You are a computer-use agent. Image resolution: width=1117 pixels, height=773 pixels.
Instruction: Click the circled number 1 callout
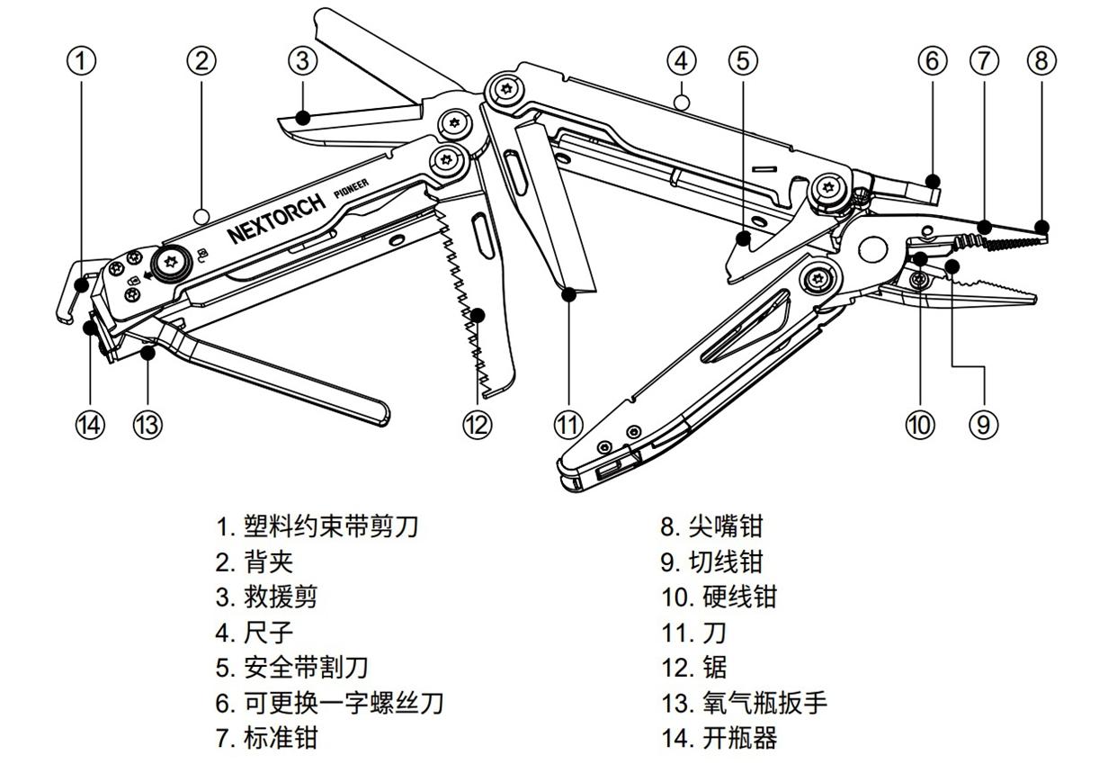[82, 61]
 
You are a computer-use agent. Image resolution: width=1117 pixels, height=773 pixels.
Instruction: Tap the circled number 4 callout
[682, 61]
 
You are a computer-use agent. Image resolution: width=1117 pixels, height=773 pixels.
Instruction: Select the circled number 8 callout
[1041, 61]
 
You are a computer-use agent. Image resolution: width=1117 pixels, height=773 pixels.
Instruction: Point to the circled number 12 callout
[478, 423]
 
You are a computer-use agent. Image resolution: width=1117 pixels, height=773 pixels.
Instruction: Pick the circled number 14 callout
[90, 423]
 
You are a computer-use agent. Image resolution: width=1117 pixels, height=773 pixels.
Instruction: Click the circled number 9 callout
[983, 423]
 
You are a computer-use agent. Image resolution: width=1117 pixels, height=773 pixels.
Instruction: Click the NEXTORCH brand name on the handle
[275, 219]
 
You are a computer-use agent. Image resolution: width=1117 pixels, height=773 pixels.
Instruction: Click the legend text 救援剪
[280, 597]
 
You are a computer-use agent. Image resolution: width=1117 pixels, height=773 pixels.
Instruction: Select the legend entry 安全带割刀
[305, 668]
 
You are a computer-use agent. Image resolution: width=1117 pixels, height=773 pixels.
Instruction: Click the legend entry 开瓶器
[738, 739]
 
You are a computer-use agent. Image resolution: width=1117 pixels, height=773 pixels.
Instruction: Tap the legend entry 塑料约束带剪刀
[330, 526]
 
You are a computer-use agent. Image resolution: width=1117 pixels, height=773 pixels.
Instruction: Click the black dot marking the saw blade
[478, 315]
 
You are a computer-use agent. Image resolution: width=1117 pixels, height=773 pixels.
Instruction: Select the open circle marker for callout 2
[203, 216]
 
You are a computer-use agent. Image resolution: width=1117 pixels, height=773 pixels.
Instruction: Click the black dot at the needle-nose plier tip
[1041, 227]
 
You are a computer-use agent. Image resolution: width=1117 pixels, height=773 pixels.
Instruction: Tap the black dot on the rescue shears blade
[304, 117]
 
